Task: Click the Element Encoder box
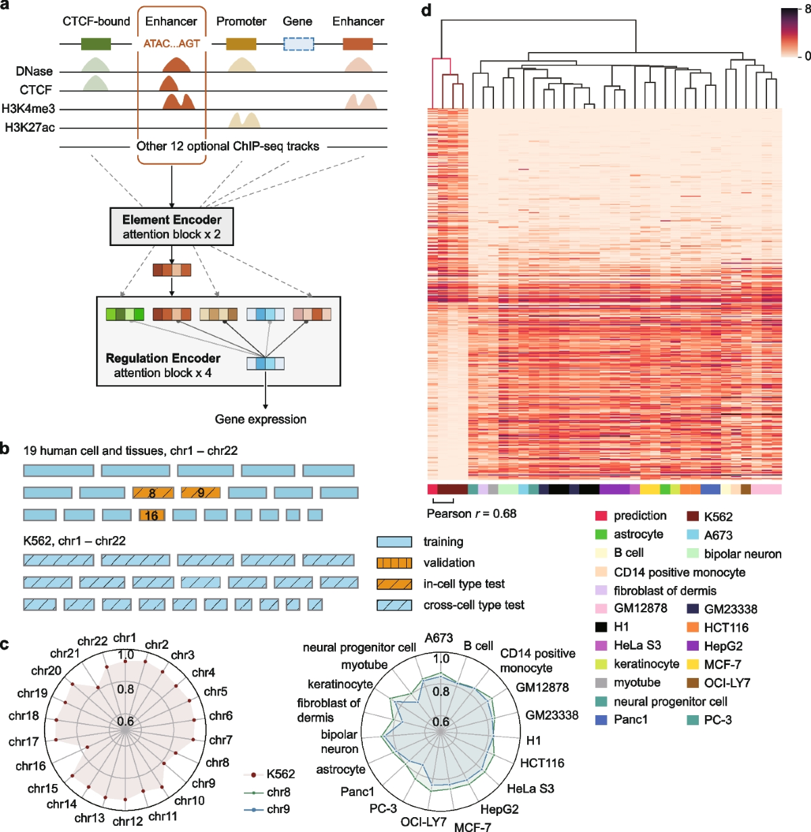[172, 226]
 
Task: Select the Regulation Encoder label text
[163, 358]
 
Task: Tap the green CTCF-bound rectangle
[96, 44]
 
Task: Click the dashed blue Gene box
[298, 44]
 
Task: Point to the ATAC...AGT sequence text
[172, 44]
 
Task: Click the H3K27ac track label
[30, 127]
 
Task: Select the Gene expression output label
[260, 419]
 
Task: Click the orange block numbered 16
[151, 516]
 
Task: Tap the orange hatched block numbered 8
[153, 493]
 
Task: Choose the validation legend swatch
[394, 562]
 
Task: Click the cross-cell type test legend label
[474, 605]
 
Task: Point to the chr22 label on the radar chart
[93, 641]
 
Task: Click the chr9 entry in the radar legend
[278, 809]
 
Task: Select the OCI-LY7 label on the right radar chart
[424, 821]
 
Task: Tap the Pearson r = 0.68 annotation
[472, 514]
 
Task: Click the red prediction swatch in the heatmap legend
[601, 516]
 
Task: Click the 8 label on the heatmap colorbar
[808, 9]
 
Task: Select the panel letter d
[426, 11]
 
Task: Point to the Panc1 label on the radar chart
[358, 791]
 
